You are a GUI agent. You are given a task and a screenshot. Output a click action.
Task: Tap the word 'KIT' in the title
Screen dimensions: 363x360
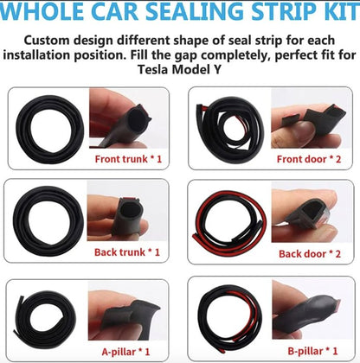click(333, 14)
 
